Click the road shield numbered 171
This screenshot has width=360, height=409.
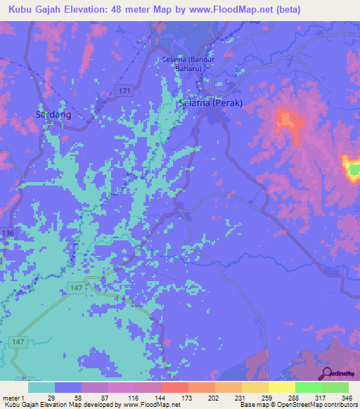[x=124, y=93]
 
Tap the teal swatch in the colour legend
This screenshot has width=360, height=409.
[x=41, y=387]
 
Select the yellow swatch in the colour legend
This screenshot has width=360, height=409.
[x=281, y=387]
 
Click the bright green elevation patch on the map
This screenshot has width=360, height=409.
[x=354, y=169]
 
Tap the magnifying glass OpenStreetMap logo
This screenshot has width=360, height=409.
[x=326, y=374]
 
